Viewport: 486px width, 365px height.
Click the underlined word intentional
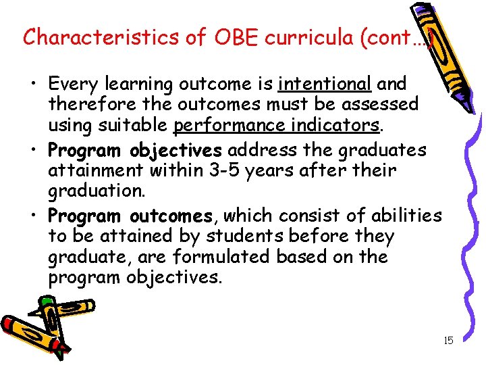[x=325, y=84]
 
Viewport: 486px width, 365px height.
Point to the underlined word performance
[x=227, y=125]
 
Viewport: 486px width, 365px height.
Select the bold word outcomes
[x=171, y=216]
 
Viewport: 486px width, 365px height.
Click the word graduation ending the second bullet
[x=95, y=191]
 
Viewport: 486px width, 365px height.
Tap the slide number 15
[x=448, y=341]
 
